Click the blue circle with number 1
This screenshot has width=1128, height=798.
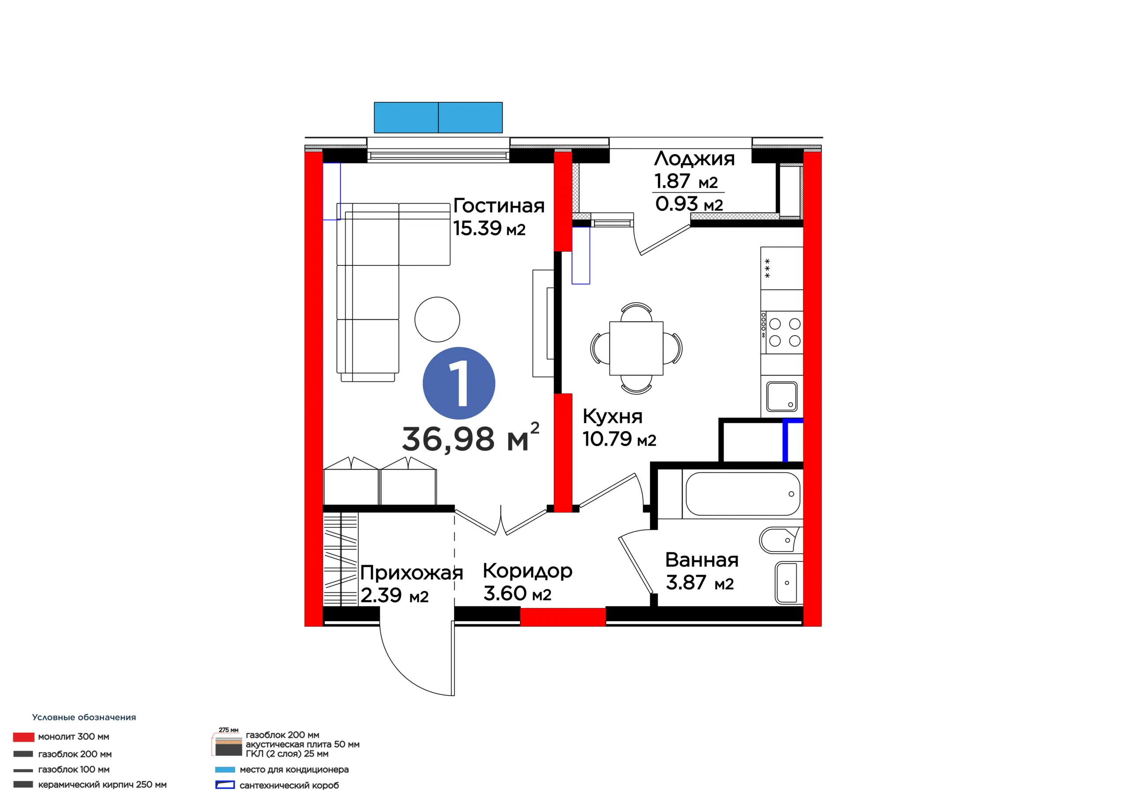(459, 383)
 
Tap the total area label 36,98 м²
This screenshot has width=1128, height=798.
(471, 438)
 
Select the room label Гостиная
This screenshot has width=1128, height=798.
(499, 205)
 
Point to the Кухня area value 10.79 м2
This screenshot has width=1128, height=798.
(619, 439)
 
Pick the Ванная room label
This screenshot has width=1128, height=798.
(701, 559)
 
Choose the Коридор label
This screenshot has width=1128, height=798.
(527, 571)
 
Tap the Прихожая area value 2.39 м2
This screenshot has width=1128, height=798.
(394, 596)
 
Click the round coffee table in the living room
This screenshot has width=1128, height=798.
(437, 319)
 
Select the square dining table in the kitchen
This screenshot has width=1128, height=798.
(636, 348)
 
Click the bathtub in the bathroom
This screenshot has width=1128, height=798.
(743, 494)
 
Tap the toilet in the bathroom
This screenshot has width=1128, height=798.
(781, 540)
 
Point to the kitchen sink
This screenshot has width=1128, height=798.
(782, 396)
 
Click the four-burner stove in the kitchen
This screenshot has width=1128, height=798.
(782, 332)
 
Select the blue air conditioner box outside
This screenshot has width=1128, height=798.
(438, 118)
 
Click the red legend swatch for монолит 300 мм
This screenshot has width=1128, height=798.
(24, 737)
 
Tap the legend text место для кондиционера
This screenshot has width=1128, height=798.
(294, 769)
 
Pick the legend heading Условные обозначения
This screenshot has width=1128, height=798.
(84, 717)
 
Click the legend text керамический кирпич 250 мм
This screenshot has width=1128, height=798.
(102, 785)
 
